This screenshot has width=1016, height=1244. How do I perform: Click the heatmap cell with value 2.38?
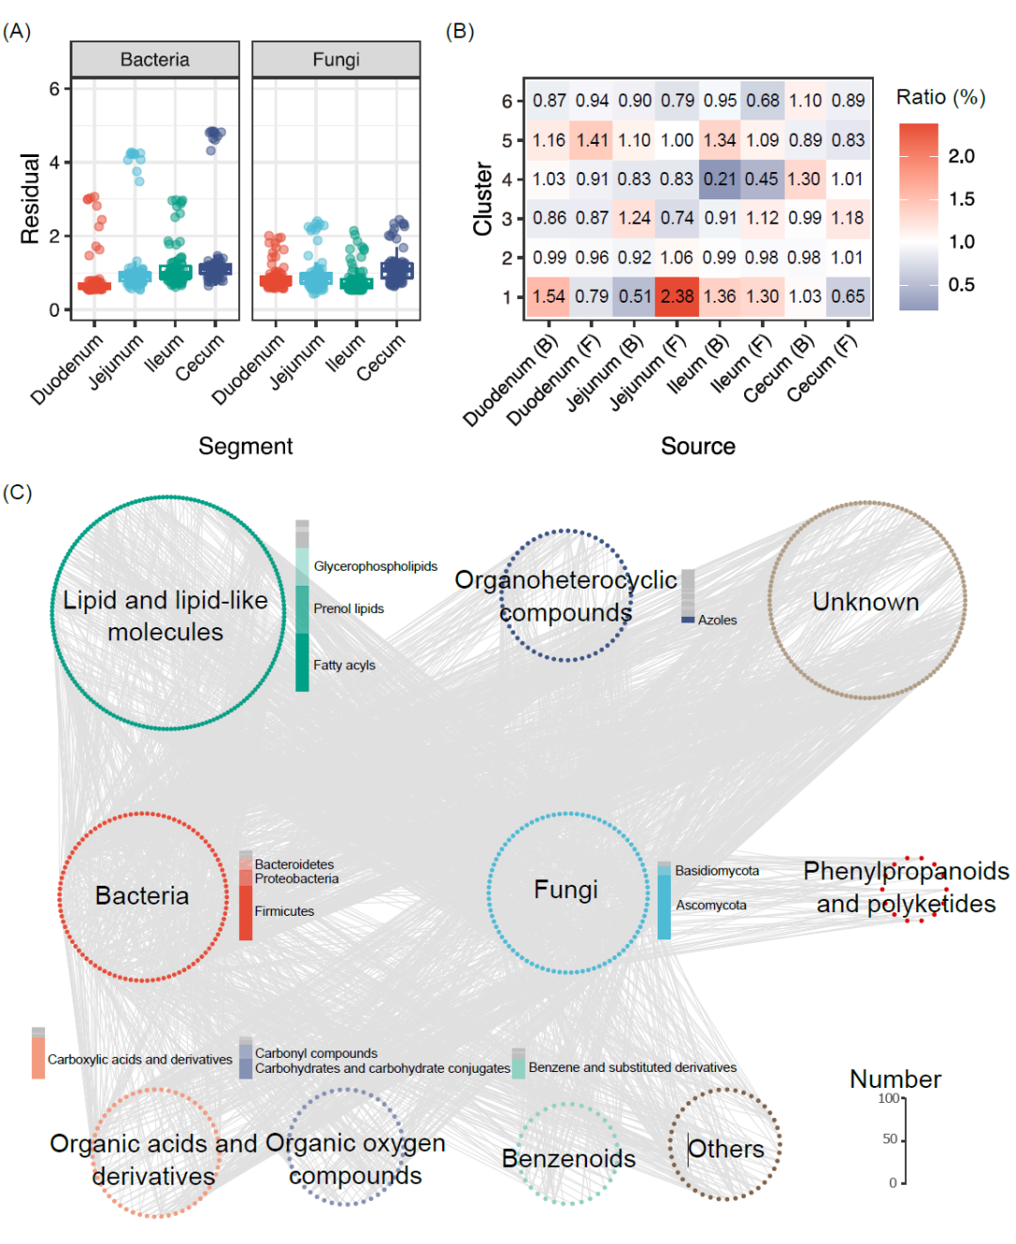[x=676, y=296]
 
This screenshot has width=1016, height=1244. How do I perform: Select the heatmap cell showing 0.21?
[x=720, y=179]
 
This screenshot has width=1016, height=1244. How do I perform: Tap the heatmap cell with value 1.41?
[x=592, y=140]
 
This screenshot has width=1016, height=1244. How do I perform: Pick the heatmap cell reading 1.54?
[x=548, y=296]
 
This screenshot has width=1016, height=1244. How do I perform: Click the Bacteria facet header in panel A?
[x=154, y=59]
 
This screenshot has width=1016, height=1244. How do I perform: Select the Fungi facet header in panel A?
[x=336, y=59]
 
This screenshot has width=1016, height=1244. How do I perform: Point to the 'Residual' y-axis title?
[x=30, y=198]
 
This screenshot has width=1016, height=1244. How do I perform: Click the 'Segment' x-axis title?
[x=246, y=446]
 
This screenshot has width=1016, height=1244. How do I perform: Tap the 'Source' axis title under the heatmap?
[x=698, y=446]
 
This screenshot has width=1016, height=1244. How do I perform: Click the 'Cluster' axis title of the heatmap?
[x=483, y=198]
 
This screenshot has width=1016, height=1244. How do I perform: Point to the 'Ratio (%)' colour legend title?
[x=941, y=97]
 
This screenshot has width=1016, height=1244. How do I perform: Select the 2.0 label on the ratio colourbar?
[x=961, y=156]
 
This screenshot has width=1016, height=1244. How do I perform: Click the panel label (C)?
[x=17, y=493]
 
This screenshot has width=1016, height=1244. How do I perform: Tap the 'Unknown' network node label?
[x=865, y=602]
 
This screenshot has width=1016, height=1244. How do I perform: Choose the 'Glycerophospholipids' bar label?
[x=375, y=566]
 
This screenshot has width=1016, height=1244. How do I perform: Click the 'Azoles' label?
[x=717, y=620]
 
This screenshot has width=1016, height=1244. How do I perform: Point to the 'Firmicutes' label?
[x=284, y=911]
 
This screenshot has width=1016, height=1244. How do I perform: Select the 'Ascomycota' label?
[x=711, y=905]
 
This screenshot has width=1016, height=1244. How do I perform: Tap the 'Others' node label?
[x=726, y=1149]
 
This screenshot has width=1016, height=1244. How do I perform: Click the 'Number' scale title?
[x=895, y=1079]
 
